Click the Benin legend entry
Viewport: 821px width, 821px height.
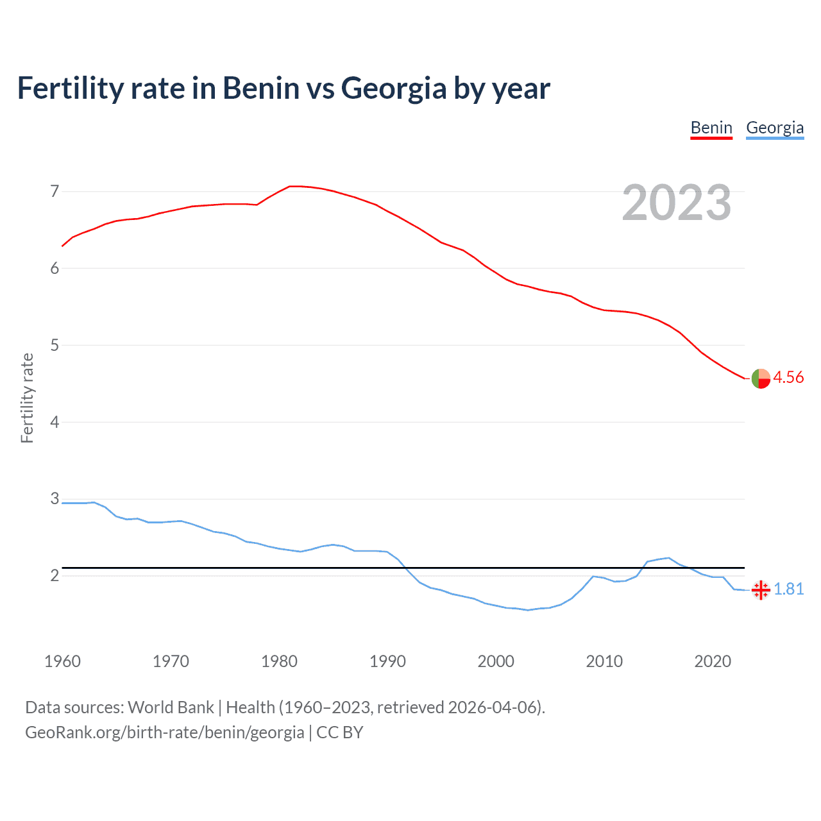pos(711,128)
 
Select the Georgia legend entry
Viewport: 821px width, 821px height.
pos(775,128)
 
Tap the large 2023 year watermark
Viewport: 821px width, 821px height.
pos(676,203)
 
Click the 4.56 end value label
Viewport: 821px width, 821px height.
pos(788,377)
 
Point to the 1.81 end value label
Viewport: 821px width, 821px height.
pos(788,589)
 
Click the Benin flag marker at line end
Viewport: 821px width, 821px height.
pos(761,379)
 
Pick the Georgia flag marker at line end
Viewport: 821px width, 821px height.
pos(761,589)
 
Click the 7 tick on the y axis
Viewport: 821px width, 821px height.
pos(55,191)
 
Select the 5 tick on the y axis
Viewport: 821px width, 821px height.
pos(55,345)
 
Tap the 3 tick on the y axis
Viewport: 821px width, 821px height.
pos(55,499)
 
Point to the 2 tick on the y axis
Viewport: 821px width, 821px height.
pos(55,575)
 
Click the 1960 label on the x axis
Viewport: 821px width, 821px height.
pos(62,661)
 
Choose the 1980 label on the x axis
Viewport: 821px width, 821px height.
pos(279,661)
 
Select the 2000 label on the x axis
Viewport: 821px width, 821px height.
pos(496,661)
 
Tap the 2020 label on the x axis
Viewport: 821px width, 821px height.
pos(713,661)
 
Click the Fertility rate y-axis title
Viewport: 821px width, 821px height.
pos(27,398)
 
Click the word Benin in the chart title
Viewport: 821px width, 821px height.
pos(261,88)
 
